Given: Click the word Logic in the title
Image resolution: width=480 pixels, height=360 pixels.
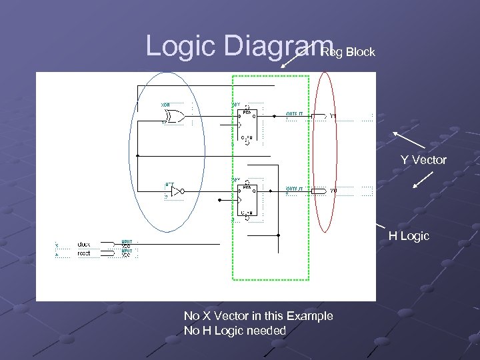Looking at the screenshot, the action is click(181, 45).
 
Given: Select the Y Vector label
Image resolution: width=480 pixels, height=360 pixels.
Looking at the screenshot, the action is click(423, 160).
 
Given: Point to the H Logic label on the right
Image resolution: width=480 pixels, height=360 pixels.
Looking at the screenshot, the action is click(409, 236).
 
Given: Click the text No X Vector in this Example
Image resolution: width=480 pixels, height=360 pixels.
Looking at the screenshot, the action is click(258, 315).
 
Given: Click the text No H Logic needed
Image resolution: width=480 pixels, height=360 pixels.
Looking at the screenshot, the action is click(235, 331).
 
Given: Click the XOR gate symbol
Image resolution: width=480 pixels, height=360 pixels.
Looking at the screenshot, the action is click(174, 116).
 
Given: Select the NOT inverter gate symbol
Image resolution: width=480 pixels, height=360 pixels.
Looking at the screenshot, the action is click(175, 191).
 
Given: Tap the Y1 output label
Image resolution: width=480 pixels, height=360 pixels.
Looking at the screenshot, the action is click(333, 116).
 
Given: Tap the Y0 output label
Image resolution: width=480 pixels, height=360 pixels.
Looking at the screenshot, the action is click(333, 191).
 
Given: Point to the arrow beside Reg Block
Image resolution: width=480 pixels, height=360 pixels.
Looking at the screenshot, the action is click(290, 59).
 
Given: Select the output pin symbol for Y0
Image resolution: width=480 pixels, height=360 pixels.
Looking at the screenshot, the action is click(318, 191).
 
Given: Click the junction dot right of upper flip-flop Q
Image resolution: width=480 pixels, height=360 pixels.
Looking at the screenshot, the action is click(274, 116).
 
